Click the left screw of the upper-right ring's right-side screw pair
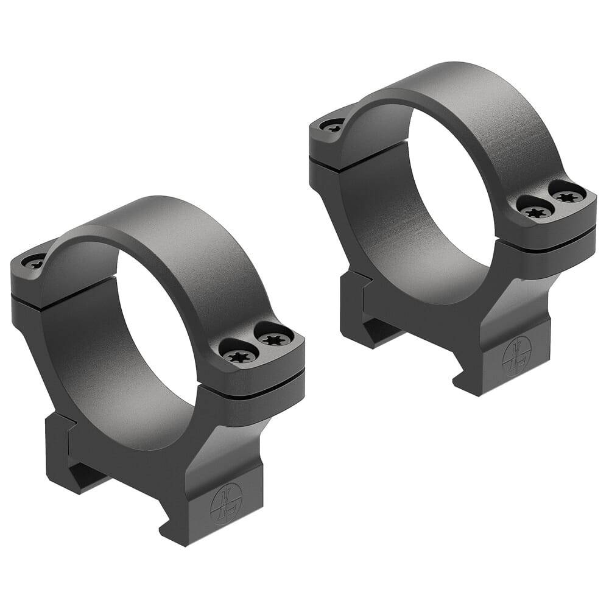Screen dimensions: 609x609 point(535,211)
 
